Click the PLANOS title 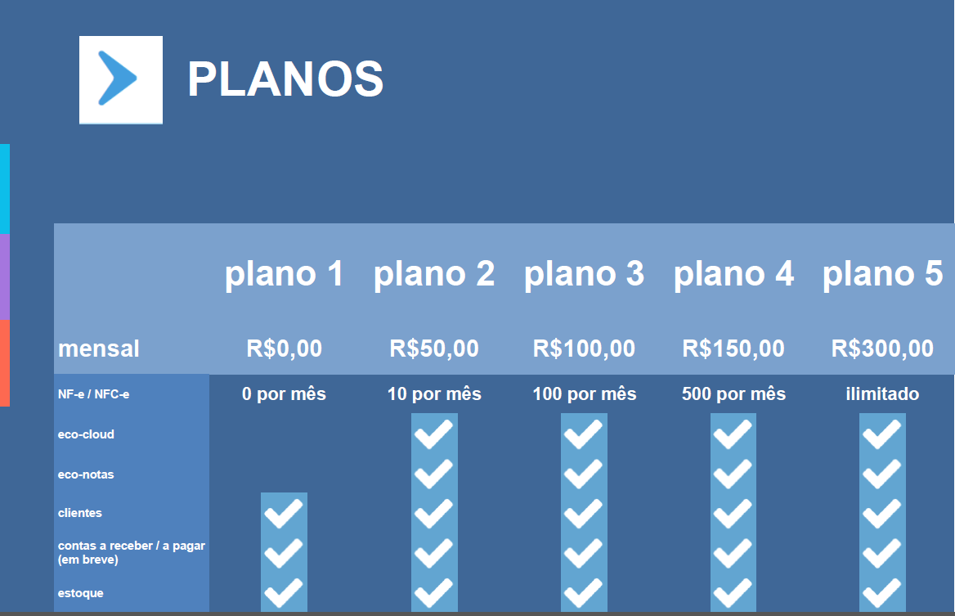click(285, 79)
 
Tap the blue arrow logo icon click(120, 79)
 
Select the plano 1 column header click(285, 273)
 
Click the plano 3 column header click(584, 273)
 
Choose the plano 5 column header click(882, 273)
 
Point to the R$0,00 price click(285, 348)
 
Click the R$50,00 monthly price click(434, 348)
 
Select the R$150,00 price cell click(733, 348)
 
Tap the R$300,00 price click(882, 348)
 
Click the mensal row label click(99, 348)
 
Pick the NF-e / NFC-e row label click(94, 394)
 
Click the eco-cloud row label click(86, 434)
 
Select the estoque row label click(80, 593)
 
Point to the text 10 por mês click(434, 394)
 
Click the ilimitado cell click(882, 394)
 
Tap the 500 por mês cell click(733, 394)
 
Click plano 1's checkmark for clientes click(284, 513)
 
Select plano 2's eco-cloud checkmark click(433, 434)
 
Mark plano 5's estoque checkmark click(882, 593)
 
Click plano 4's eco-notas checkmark click(733, 474)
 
